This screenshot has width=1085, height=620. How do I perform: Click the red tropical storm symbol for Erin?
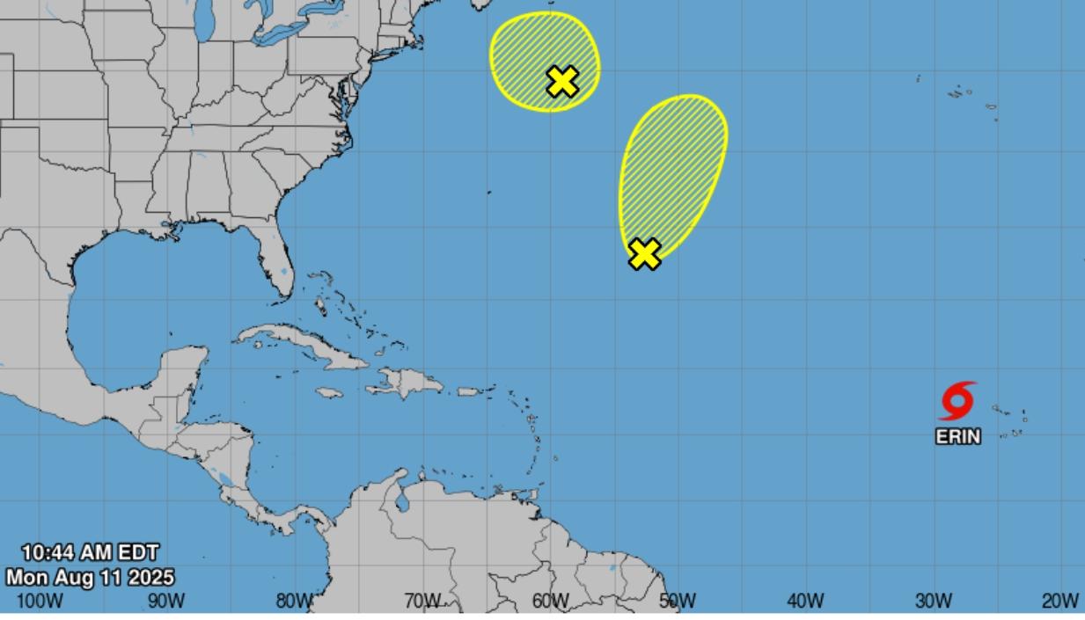pyautogui.click(x=957, y=401)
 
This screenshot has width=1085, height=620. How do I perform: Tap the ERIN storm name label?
pyautogui.click(x=957, y=435)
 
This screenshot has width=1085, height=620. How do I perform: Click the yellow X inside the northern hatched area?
pyautogui.click(x=562, y=82)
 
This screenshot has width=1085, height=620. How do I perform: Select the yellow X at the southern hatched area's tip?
pyautogui.click(x=645, y=254)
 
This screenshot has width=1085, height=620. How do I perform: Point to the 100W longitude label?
pyautogui.click(x=40, y=602)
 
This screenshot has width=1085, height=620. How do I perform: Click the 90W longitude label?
pyautogui.click(x=165, y=602)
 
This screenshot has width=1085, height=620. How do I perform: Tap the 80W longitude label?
pyautogui.click(x=294, y=602)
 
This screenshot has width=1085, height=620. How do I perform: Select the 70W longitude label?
pyautogui.click(x=422, y=602)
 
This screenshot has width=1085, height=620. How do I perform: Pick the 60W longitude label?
pyautogui.click(x=550, y=602)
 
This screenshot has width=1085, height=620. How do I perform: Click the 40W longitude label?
pyautogui.click(x=805, y=602)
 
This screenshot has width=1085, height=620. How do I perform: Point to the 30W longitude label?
pyautogui.click(x=933, y=602)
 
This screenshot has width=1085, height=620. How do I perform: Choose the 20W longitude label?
pyautogui.click(x=1060, y=602)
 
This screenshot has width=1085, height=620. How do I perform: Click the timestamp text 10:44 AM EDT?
pyautogui.click(x=90, y=553)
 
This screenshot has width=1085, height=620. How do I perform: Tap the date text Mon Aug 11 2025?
pyautogui.click(x=90, y=578)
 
